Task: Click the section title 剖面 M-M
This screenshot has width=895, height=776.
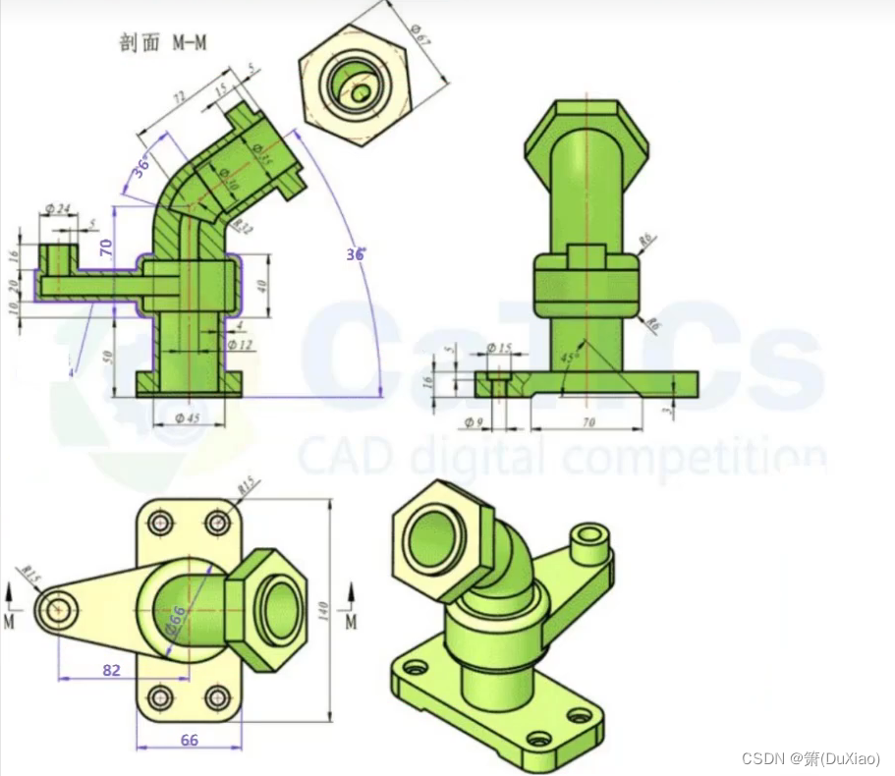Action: click(163, 43)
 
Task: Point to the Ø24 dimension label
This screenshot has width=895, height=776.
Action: click(58, 208)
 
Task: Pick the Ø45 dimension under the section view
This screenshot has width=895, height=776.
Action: click(188, 417)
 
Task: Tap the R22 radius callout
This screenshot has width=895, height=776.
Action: click(242, 228)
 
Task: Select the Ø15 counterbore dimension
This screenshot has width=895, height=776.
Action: click(499, 348)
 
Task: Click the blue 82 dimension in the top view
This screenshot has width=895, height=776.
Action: click(111, 669)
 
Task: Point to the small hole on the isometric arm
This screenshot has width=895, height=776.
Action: click(590, 534)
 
